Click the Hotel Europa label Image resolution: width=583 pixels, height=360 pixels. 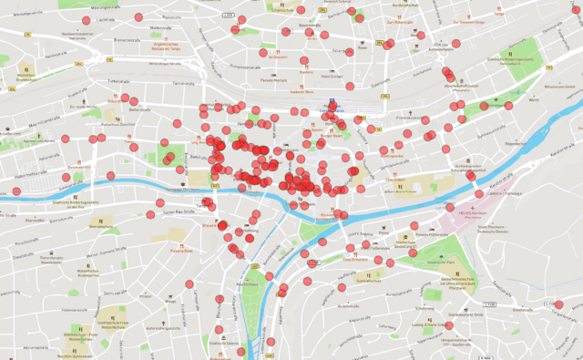pos(332,77)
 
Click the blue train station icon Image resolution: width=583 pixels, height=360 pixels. pos(333,102)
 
